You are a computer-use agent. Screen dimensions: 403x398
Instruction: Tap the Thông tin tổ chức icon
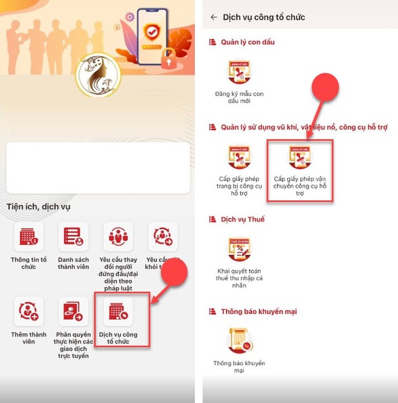point(29,237)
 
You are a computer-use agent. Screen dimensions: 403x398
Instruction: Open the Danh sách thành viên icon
point(73,237)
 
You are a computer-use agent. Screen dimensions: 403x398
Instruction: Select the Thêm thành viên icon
point(29,311)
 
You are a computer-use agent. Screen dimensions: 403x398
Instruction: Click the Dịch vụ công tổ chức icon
point(118,312)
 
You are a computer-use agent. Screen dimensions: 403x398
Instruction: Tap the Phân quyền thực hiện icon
point(73,311)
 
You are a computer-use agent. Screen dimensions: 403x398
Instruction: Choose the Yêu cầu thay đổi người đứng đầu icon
point(118,237)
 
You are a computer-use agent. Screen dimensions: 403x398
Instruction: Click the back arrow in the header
point(214,17)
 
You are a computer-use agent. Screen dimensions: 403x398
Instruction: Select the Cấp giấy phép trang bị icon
point(239,158)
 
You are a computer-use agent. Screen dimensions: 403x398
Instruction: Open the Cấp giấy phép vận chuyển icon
point(300,158)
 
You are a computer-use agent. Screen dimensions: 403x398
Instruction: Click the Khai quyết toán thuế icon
point(239,251)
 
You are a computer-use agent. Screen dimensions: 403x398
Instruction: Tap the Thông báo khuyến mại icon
point(239,340)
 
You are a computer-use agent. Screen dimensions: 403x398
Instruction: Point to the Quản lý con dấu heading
point(247,42)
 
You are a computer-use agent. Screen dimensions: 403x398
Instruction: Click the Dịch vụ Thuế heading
point(243,220)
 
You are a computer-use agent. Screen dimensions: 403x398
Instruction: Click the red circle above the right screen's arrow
point(325,88)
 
